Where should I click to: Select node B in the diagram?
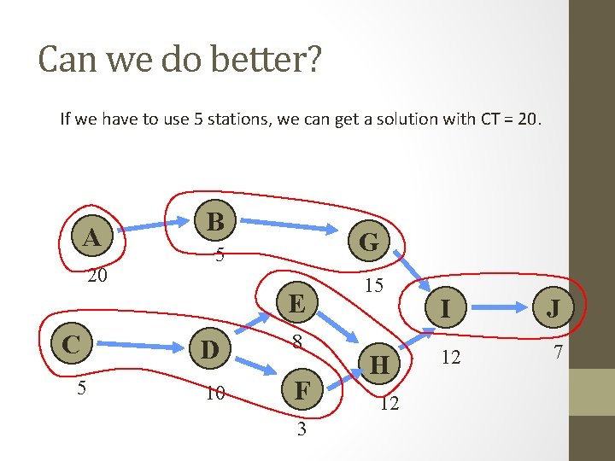tap(216, 222)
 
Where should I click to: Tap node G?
tap(369, 242)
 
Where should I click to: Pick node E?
tap(296, 304)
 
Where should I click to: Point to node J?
tap(553, 307)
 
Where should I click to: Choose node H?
tap(380, 365)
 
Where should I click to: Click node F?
tap(302, 392)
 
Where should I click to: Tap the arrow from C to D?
tap(133, 347)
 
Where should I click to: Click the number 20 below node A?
tap(97, 276)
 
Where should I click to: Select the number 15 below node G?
tap(373, 286)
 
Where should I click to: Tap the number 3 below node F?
tap(302, 429)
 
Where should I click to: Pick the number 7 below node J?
tap(557, 353)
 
